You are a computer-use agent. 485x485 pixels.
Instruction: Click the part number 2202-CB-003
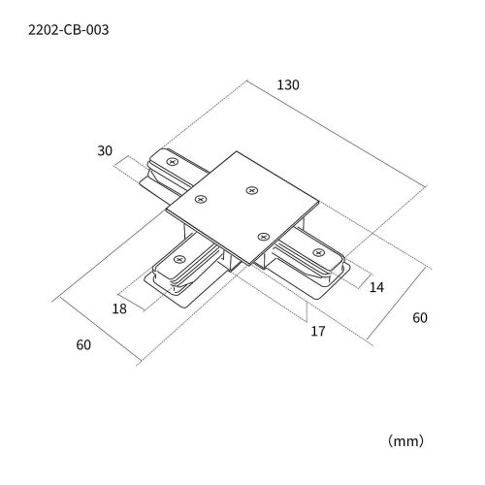(x=69, y=30)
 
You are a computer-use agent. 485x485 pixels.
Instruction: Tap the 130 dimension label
(x=288, y=85)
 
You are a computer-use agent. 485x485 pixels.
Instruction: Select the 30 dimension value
(x=105, y=150)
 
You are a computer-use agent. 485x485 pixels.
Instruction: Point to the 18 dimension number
(x=119, y=308)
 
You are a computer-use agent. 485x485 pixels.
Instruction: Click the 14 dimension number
(x=376, y=287)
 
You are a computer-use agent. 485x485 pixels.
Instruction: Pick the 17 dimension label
(x=318, y=331)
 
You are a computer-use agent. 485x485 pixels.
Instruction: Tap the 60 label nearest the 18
(x=83, y=345)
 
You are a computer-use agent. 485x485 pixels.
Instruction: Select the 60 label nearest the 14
(x=420, y=318)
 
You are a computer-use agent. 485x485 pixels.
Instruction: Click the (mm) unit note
(x=405, y=440)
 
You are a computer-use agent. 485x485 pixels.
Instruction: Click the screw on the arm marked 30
(x=172, y=161)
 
